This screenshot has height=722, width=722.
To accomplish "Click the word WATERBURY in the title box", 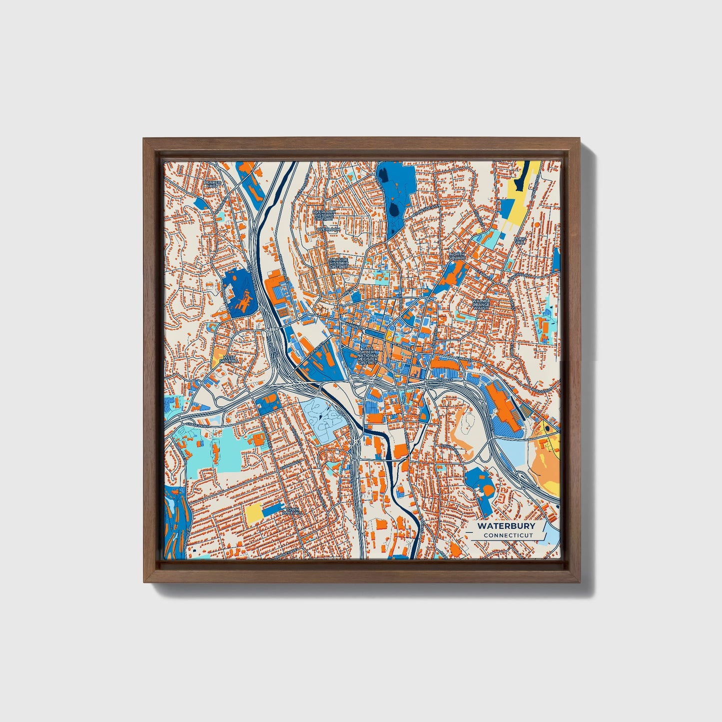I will click(506, 526).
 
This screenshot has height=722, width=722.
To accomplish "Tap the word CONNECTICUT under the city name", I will click(508, 536).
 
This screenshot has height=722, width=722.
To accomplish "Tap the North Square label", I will click(457, 256).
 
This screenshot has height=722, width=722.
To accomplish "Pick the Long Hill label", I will click(521, 242).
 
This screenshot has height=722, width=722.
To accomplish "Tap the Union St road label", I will click(443, 380).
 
